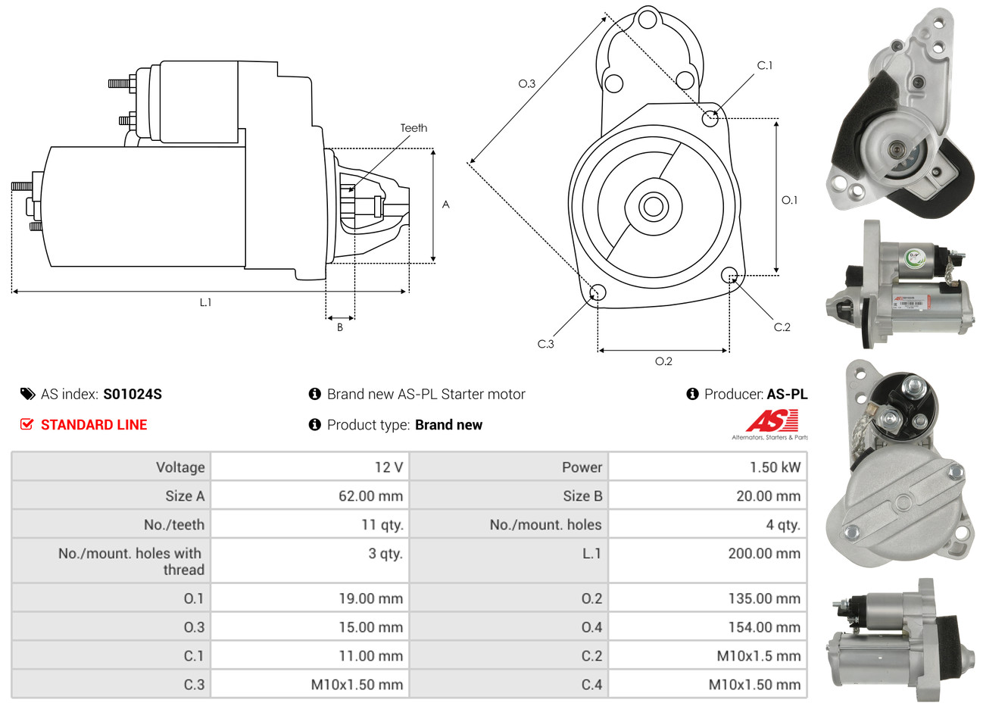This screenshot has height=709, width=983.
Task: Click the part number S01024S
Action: (133, 394)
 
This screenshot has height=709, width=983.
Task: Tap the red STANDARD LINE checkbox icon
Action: (27, 424)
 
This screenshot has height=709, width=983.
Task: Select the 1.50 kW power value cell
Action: (775, 467)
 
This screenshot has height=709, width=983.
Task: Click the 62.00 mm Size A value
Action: (370, 496)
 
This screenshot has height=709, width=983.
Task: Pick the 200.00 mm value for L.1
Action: (763, 554)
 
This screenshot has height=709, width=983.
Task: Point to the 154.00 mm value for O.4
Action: (763, 627)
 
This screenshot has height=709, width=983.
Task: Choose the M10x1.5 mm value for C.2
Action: (758, 656)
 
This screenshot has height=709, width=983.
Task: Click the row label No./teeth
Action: (174, 525)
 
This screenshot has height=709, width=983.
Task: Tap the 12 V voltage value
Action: (389, 467)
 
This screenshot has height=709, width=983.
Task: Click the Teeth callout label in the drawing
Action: (413, 128)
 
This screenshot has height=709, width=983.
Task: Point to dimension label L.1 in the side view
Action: (205, 302)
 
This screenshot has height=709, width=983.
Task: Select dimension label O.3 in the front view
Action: (526, 83)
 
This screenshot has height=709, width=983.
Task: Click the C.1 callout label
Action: (765, 65)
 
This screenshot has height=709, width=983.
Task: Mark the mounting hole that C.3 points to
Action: (597, 293)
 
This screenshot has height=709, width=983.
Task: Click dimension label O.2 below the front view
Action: (663, 361)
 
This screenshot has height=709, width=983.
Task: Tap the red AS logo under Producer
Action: (772, 420)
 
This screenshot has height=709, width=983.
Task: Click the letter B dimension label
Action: (340, 327)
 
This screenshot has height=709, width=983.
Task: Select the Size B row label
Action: (582, 496)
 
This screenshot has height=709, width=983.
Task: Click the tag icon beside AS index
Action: (27, 394)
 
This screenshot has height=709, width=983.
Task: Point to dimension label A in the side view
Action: (446, 205)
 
